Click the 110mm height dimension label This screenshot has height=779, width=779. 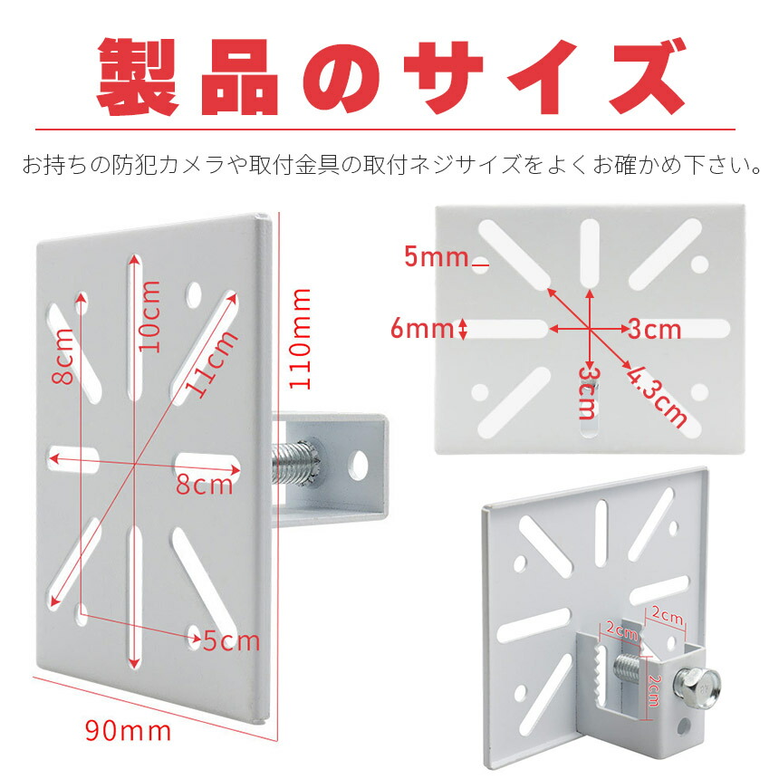pos(301,339)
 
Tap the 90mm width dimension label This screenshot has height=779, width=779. pos(128,728)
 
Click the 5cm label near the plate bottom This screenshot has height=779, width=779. pos(231,641)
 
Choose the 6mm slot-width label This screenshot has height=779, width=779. pos(421,328)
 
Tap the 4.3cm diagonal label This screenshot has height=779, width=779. pos(655,395)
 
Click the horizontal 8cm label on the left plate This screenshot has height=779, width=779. pos(204,485)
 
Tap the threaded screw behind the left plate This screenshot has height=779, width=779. pos(293,461)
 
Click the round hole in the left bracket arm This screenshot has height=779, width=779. pos(360,462)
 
